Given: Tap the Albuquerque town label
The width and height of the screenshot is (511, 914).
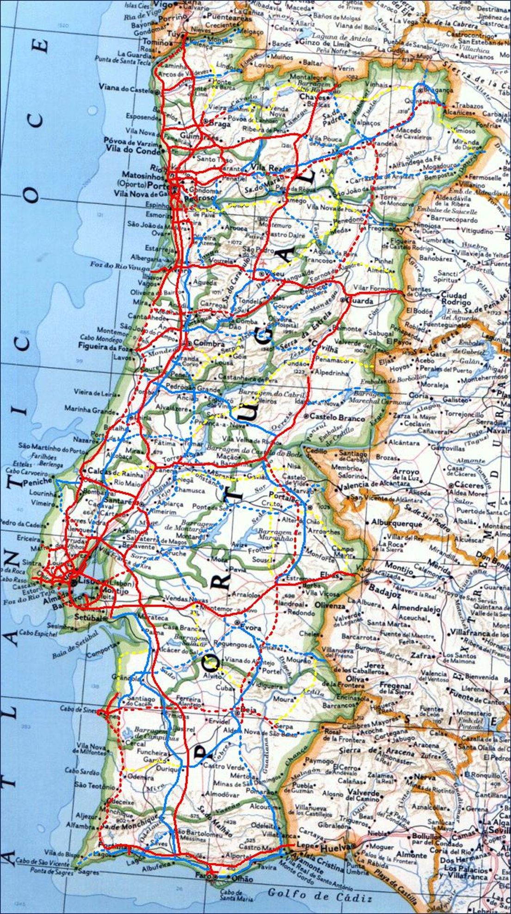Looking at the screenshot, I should tap(396, 524).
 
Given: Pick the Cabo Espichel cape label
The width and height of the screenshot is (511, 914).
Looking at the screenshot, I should tap(38, 633).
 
